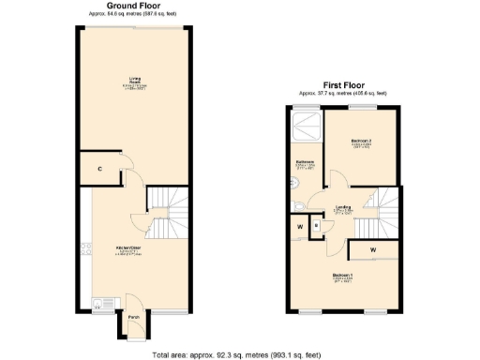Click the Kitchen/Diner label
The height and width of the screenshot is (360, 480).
pos(128,249)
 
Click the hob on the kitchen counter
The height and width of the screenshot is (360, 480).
pos(86,249)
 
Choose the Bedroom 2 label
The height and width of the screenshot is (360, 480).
pos(363,142)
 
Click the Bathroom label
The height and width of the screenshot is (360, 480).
pos(305,165)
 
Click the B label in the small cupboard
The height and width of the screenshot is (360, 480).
pos(317,225)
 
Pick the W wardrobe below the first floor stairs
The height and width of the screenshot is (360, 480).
pos(373,249)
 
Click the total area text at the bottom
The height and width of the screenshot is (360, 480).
pos(239,353)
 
